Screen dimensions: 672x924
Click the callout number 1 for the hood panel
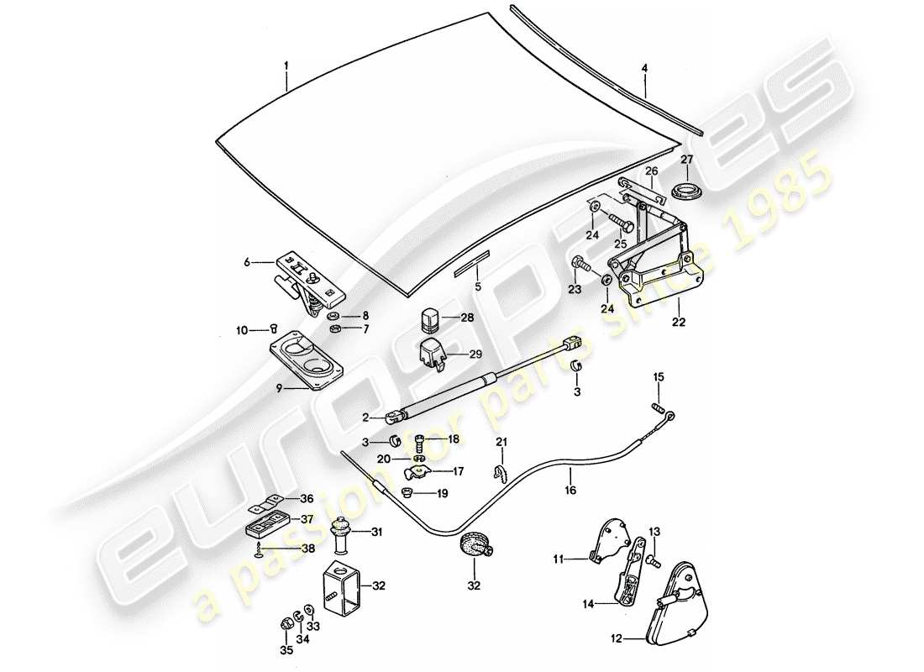click(x=286, y=66)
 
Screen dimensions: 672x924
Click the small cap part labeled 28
click(x=430, y=318)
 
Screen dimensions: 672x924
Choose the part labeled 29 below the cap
click(x=432, y=354)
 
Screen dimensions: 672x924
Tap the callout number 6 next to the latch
click(x=247, y=262)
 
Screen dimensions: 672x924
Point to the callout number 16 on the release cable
click(x=570, y=490)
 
